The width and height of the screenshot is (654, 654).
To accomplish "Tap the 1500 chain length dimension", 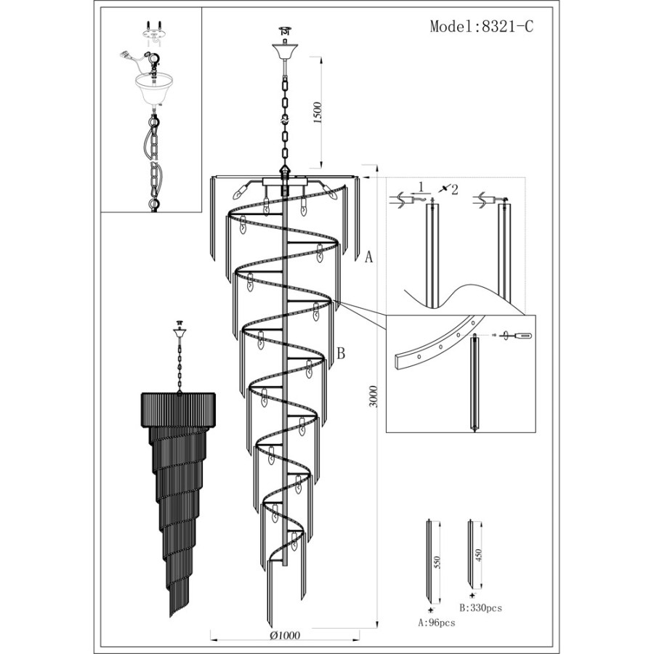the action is tap(318, 112).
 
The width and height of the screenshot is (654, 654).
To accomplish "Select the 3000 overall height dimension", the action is tap(374, 397).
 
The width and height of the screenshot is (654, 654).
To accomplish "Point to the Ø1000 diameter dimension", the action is tap(286, 635).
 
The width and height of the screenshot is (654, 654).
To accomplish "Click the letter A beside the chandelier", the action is tap(368, 257).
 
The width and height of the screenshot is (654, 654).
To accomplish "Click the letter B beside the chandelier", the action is tap(341, 354).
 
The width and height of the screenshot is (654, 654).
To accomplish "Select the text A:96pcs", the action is tap(437, 623).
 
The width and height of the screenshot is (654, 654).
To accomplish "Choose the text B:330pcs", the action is tap(481, 607).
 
